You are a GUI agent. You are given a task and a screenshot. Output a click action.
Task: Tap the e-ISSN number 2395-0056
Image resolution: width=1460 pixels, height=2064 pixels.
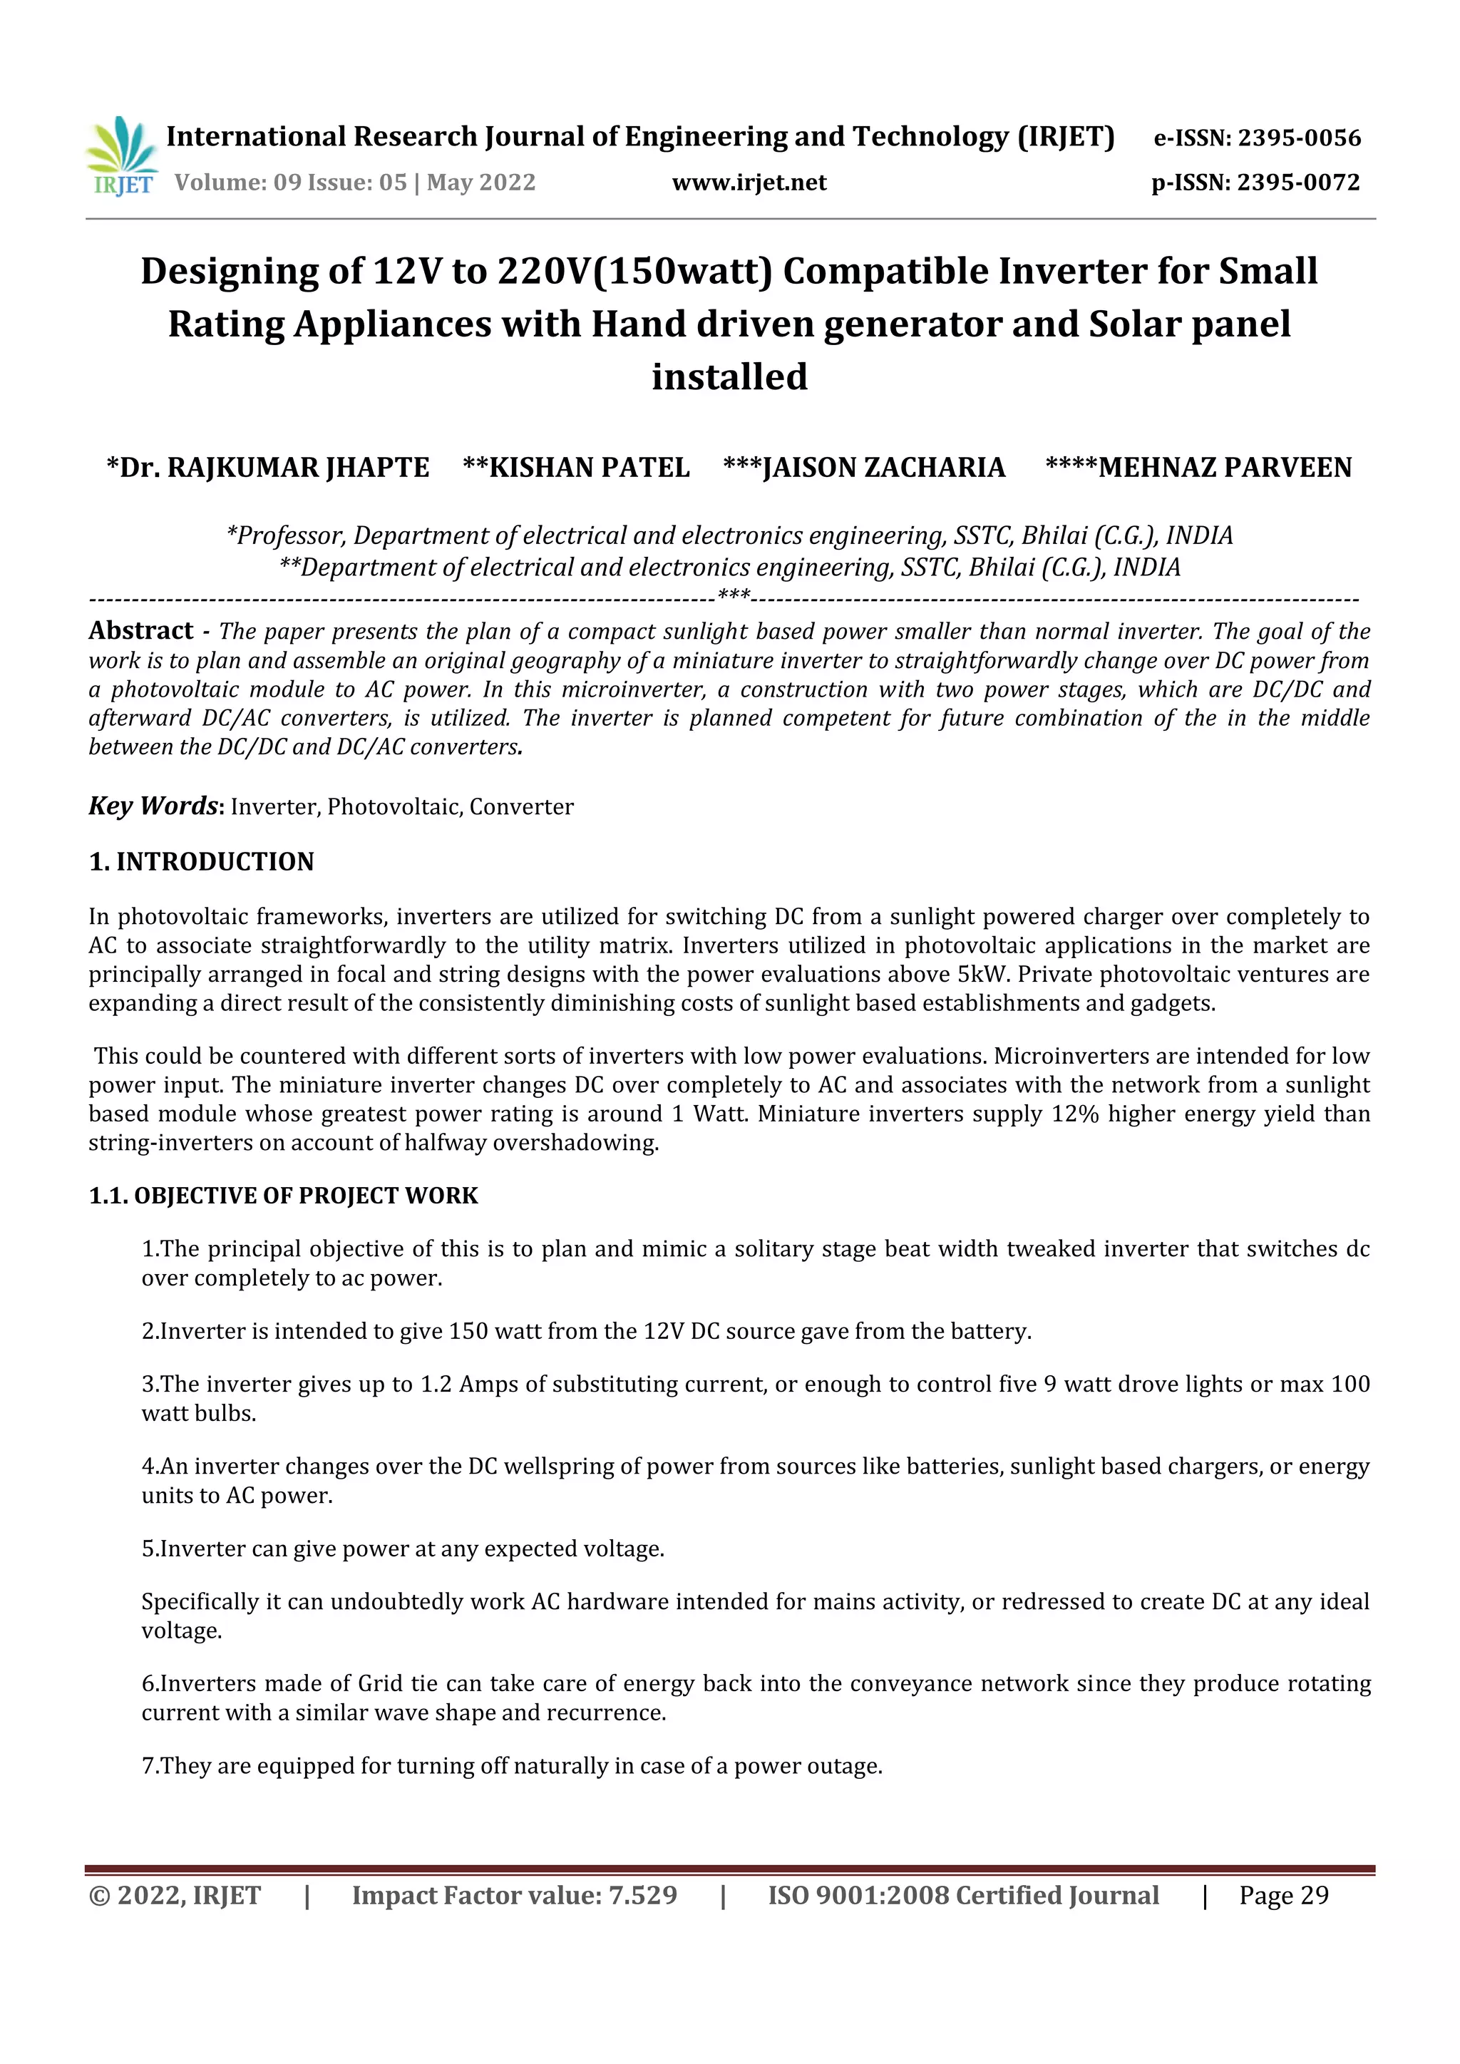tap(1299, 138)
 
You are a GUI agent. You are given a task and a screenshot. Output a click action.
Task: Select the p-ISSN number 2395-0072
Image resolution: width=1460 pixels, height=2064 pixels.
tap(1298, 183)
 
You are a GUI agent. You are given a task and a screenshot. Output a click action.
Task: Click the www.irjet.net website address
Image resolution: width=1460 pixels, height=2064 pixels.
tap(749, 183)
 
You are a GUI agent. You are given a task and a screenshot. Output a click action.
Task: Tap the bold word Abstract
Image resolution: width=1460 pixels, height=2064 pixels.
tap(141, 631)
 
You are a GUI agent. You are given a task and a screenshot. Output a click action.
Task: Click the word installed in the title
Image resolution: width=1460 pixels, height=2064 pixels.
tap(729, 376)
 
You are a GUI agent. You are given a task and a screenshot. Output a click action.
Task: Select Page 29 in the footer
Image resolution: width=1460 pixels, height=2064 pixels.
tap(1284, 1895)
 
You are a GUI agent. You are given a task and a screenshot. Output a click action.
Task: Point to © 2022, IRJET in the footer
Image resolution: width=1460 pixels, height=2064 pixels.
tap(175, 1895)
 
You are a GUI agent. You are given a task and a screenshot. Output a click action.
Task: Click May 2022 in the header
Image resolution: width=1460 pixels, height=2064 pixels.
tap(481, 183)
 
